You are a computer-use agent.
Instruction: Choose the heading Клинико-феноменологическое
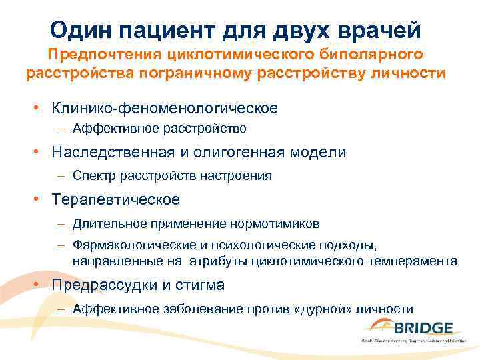point(165,107)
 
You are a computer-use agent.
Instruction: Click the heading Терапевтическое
point(116,199)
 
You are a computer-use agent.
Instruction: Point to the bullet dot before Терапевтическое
point(41,199)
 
